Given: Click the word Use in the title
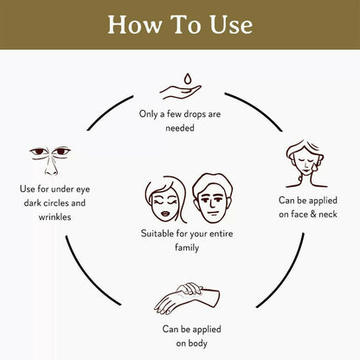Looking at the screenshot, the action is coord(231,24).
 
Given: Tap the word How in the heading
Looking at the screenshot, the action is coord(134,24).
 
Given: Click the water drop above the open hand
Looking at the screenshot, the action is coord(188,79).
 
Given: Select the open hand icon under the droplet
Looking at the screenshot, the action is coord(180,92).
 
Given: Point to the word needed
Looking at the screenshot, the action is coord(180,128).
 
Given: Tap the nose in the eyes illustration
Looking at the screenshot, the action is coord(51,166).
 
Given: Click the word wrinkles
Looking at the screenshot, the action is coord(55,217).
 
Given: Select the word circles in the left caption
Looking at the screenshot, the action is coord(54,202).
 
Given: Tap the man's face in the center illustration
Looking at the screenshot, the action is coord(212,198).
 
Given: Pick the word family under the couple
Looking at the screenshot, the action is coord(187,247).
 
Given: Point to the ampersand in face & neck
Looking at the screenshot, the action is coord(313,214).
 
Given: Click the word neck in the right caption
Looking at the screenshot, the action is coord(328,214).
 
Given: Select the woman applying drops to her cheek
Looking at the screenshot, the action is coord(305,164).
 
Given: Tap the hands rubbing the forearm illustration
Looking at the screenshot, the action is coord(187,299).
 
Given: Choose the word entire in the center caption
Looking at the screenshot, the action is coord(222,234).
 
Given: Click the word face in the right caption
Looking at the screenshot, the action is coord(299,214).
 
